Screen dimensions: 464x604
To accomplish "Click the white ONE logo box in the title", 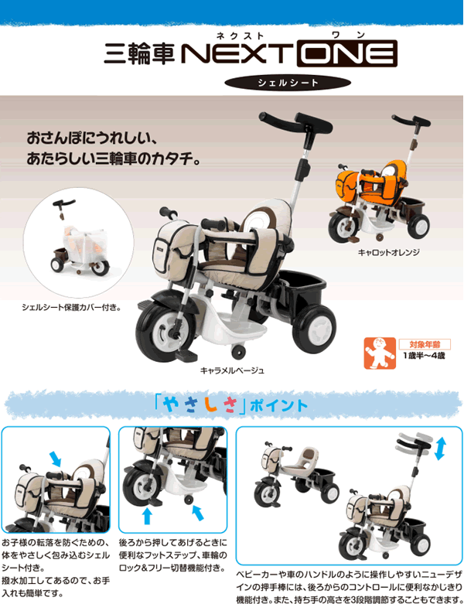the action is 347,53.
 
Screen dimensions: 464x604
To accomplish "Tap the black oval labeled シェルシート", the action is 288,83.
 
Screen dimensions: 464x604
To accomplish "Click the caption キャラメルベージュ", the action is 232,370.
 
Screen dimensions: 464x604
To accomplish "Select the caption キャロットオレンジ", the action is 388,252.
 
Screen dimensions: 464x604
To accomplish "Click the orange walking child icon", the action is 380,353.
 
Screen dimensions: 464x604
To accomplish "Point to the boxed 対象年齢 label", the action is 425,344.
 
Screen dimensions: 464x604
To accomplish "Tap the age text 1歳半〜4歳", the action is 424,356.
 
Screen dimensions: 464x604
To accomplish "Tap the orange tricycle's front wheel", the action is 343,227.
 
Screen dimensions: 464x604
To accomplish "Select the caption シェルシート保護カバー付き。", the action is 71,307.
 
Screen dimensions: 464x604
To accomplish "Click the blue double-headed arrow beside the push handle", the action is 440,449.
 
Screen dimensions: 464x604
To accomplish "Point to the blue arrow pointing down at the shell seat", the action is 56,459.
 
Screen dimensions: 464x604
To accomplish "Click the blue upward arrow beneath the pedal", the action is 147,516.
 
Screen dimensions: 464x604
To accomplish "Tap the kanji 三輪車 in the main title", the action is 139,53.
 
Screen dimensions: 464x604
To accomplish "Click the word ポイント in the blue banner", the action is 278,405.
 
